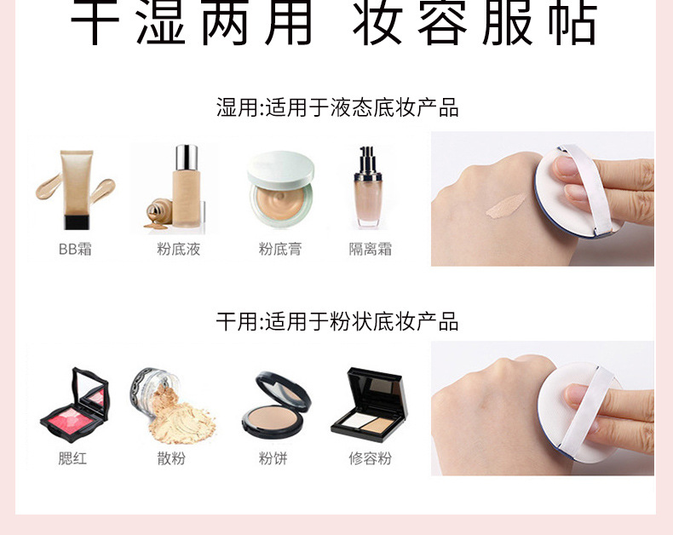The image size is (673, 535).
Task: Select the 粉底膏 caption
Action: [x=280, y=250]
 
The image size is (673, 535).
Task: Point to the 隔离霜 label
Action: [x=371, y=250]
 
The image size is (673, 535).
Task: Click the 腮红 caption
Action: [x=72, y=458]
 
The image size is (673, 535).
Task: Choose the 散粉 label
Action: [x=171, y=458]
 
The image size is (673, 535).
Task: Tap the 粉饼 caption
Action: [x=273, y=458]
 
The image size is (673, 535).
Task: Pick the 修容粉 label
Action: [x=370, y=458]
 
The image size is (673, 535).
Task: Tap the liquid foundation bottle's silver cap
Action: [x=186, y=158]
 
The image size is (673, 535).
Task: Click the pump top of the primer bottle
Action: [x=369, y=158]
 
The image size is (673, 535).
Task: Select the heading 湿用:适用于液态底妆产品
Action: [x=337, y=108]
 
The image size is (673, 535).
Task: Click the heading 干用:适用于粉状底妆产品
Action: [x=337, y=321]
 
